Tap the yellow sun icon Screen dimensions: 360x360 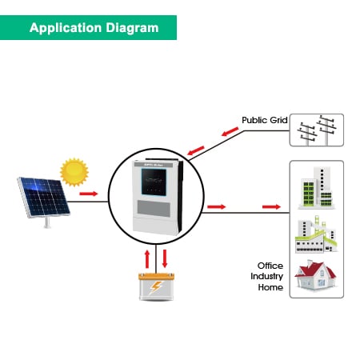click(74, 170)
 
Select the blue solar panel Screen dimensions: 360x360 click(42, 198)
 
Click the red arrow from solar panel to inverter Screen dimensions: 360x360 click(89, 194)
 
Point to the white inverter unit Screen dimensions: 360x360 click(150, 200)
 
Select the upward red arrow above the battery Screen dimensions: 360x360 click(146, 258)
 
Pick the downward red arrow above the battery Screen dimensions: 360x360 click(166, 258)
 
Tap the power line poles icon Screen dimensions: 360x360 click(316, 130)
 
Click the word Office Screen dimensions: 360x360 click(270, 266)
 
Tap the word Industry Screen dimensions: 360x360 click(266, 276)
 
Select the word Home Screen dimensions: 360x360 click(270, 286)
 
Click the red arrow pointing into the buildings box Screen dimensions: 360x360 click(272, 207)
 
